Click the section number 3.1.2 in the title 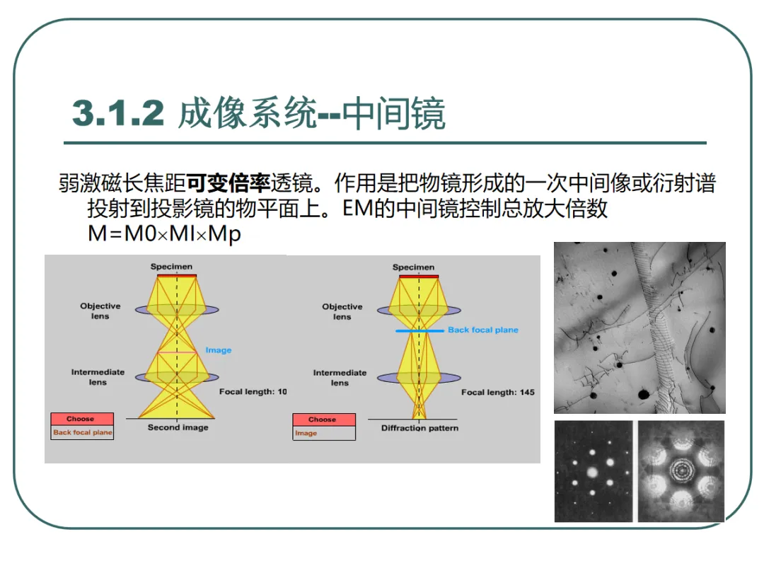118,113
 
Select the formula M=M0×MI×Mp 164,233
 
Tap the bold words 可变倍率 228,183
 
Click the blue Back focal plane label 483,330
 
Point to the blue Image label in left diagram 219,350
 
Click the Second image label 178,427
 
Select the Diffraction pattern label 419,428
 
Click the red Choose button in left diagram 82,419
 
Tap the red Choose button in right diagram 324,419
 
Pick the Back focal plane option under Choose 82,432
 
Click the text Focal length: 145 497,392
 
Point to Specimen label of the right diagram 413,267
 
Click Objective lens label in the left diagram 100,311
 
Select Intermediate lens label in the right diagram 340,378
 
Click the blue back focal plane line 419,331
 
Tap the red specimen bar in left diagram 177,276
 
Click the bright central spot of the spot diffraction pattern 593,472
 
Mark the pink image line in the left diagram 176,352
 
